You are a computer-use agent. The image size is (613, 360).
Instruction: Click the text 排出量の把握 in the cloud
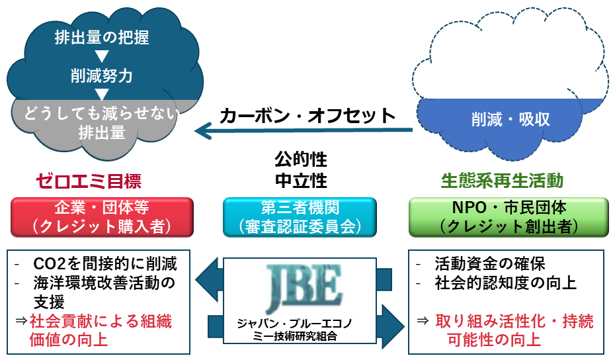(x=101, y=38)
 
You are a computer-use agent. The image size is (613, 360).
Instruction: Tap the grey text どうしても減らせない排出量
(x=101, y=122)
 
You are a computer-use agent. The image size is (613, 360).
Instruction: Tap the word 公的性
(x=301, y=160)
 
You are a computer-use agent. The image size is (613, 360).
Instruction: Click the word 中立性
(x=301, y=180)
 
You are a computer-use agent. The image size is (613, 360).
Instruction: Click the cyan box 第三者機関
(x=300, y=216)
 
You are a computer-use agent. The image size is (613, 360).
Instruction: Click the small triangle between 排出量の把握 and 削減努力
(x=101, y=56)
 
